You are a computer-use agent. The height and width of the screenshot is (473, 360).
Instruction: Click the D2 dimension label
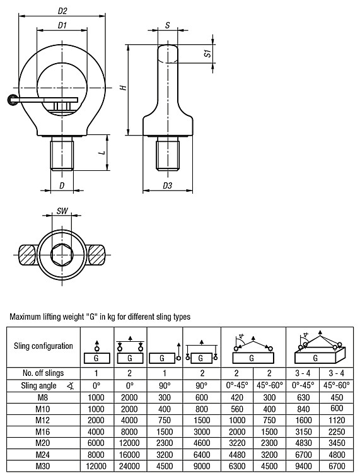click(x=62, y=11)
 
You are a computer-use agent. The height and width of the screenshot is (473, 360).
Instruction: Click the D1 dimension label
click(x=62, y=25)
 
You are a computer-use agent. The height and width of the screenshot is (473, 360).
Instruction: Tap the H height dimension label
click(x=123, y=88)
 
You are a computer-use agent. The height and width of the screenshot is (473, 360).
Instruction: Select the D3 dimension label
click(x=167, y=185)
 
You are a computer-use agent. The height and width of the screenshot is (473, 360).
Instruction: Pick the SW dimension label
click(x=62, y=211)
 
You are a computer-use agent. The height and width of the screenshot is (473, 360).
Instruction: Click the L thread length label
click(x=103, y=153)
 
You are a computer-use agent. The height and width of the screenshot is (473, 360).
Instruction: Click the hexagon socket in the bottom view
click(x=62, y=254)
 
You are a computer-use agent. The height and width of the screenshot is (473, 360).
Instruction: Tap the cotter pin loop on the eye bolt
click(x=13, y=100)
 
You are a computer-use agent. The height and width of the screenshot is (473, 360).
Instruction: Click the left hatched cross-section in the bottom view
click(x=27, y=255)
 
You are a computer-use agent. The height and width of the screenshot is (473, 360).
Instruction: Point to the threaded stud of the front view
click(x=62, y=153)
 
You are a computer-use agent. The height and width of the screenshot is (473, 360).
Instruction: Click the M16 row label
click(x=43, y=431)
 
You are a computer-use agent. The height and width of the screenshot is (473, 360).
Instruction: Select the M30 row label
click(x=43, y=466)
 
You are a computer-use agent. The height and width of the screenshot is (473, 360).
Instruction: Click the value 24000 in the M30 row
click(x=130, y=466)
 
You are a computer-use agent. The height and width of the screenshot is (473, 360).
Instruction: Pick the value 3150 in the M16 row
click(x=303, y=431)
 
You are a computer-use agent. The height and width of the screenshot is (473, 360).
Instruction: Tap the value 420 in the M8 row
click(x=236, y=397)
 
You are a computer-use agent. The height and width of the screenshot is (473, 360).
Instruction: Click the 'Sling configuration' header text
click(x=44, y=346)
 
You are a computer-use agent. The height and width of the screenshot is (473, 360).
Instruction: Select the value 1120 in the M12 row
click(x=337, y=420)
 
